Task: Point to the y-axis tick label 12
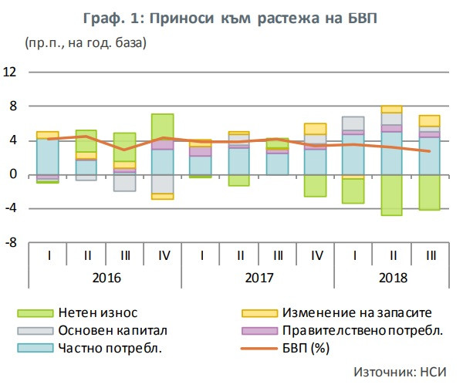(11, 73)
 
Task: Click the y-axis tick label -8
(11, 242)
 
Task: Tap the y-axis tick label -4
(11, 208)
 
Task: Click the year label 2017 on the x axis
(258, 276)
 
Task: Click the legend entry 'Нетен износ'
(95, 312)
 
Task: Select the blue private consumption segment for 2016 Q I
(48, 157)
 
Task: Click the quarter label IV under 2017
(316, 254)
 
